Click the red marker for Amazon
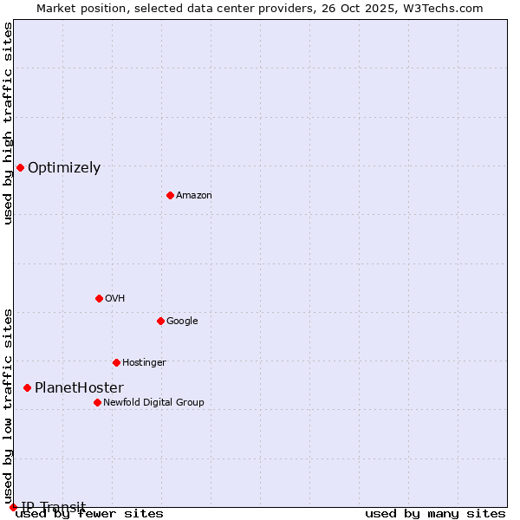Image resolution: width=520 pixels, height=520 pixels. (170, 195)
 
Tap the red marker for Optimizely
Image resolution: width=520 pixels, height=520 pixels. (20, 167)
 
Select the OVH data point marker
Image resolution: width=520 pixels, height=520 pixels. (99, 298)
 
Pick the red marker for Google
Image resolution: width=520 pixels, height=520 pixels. (160, 321)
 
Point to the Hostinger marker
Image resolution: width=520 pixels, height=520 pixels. (116, 362)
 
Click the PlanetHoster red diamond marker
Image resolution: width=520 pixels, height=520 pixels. (27, 387)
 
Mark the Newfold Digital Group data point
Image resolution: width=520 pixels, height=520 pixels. (97, 402)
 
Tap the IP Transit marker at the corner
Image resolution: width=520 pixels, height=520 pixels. (13, 507)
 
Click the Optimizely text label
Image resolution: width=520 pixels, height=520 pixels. (64, 168)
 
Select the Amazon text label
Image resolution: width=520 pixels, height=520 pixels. (194, 196)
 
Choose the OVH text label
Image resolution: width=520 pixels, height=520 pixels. (115, 299)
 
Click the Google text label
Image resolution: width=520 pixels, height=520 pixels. (182, 322)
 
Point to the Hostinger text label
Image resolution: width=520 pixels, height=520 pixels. (144, 363)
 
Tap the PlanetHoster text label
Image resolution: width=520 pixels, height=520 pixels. (79, 388)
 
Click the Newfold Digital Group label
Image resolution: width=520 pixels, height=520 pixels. (153, 403)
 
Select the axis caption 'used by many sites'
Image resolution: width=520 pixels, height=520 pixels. (435, 514)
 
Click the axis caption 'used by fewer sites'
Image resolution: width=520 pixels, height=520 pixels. (89, 514)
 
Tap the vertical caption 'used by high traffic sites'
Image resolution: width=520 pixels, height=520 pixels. (8, 123)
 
